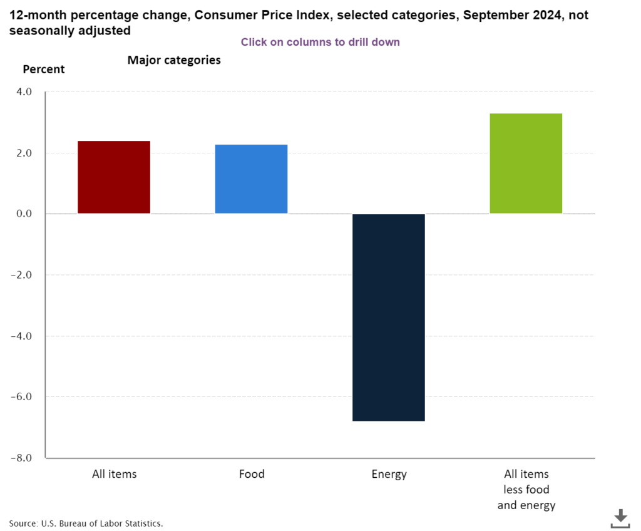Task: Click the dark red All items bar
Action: (113, 177)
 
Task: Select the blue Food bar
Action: (251, 179)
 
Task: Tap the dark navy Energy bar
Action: (389, 317)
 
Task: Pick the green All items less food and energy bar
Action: (526, 163)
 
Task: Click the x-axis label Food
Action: (252, 474)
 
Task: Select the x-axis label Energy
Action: (389, 474)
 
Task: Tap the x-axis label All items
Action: (114, 474)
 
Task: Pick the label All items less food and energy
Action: (526, 489)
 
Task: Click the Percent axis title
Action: (44, 69)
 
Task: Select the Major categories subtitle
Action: (174, 60)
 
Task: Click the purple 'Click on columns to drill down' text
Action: (320, 42)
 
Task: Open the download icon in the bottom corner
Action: (620, 518)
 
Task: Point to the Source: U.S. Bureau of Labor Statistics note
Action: (86, 523)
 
